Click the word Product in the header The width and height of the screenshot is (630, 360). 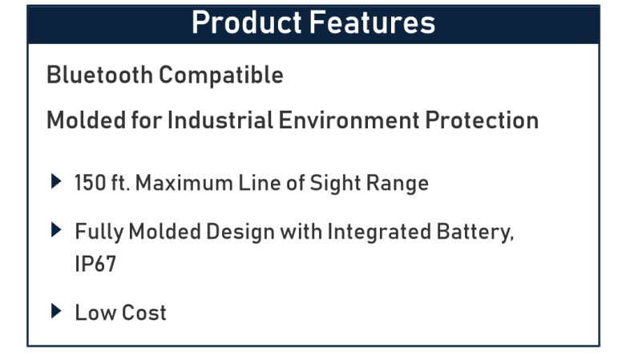(x=247, y=22)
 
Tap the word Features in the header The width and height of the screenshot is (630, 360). (x=373, y=22)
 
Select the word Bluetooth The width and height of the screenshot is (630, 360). (x=99, y=75)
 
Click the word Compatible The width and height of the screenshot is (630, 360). (x=221, y=76)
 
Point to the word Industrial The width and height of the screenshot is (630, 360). (x=220, y=120)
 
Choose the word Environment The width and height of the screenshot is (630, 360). (x=349, y=120)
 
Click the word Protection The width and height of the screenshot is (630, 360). (x=482, y=120)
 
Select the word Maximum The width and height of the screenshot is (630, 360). (x=184, y=183)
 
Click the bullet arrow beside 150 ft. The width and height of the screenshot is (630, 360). (x=56, y=181)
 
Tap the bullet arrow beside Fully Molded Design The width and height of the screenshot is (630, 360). (x=56, y=230)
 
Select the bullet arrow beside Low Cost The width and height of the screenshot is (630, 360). (x=56, y=311)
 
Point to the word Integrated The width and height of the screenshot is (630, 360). (x=379, y=233)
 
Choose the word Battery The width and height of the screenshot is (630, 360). (x=475, y=233)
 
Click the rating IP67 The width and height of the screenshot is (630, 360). (x=95, y=264)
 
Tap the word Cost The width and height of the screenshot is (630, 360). (x=143, y=313)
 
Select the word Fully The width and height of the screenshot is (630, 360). (x=99, y=233)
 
